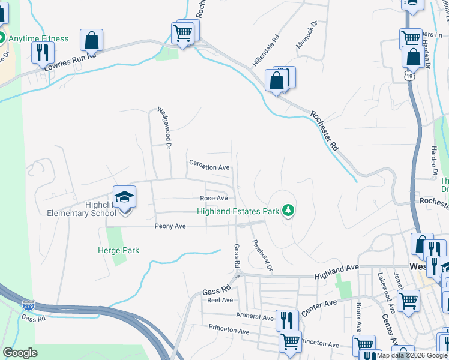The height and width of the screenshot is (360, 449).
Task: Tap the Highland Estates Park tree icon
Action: point(289,211)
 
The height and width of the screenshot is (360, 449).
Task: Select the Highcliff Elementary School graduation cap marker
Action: point(125,197)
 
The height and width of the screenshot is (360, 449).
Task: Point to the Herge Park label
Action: point(118,250)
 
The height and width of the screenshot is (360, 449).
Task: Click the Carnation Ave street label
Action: point(209,166)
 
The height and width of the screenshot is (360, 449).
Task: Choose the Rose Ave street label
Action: point(214,198)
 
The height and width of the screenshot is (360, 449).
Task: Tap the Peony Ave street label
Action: point(170,226)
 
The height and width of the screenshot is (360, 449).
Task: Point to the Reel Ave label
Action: point(220,300)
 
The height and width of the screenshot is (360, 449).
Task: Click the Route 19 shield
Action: point(409,76)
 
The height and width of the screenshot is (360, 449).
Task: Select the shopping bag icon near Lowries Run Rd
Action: point(91,40)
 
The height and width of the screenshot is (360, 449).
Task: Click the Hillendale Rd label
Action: point(267,50)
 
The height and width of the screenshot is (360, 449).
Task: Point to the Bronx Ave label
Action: point(358,318)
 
